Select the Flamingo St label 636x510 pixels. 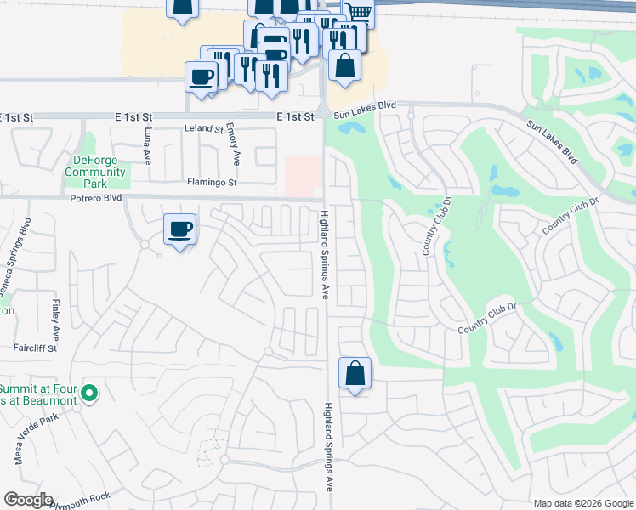point(212,182)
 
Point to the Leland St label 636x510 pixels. point(203,130)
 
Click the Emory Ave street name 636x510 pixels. point(235,147)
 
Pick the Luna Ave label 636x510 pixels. point(147,144)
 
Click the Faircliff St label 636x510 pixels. point(35,348)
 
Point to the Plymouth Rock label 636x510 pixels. point(82,496)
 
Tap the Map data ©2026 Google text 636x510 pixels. point(582,502)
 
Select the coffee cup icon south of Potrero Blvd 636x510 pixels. point(179,229)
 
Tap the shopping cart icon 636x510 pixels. point(359,12)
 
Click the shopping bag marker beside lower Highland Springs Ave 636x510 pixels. point(355,373)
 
